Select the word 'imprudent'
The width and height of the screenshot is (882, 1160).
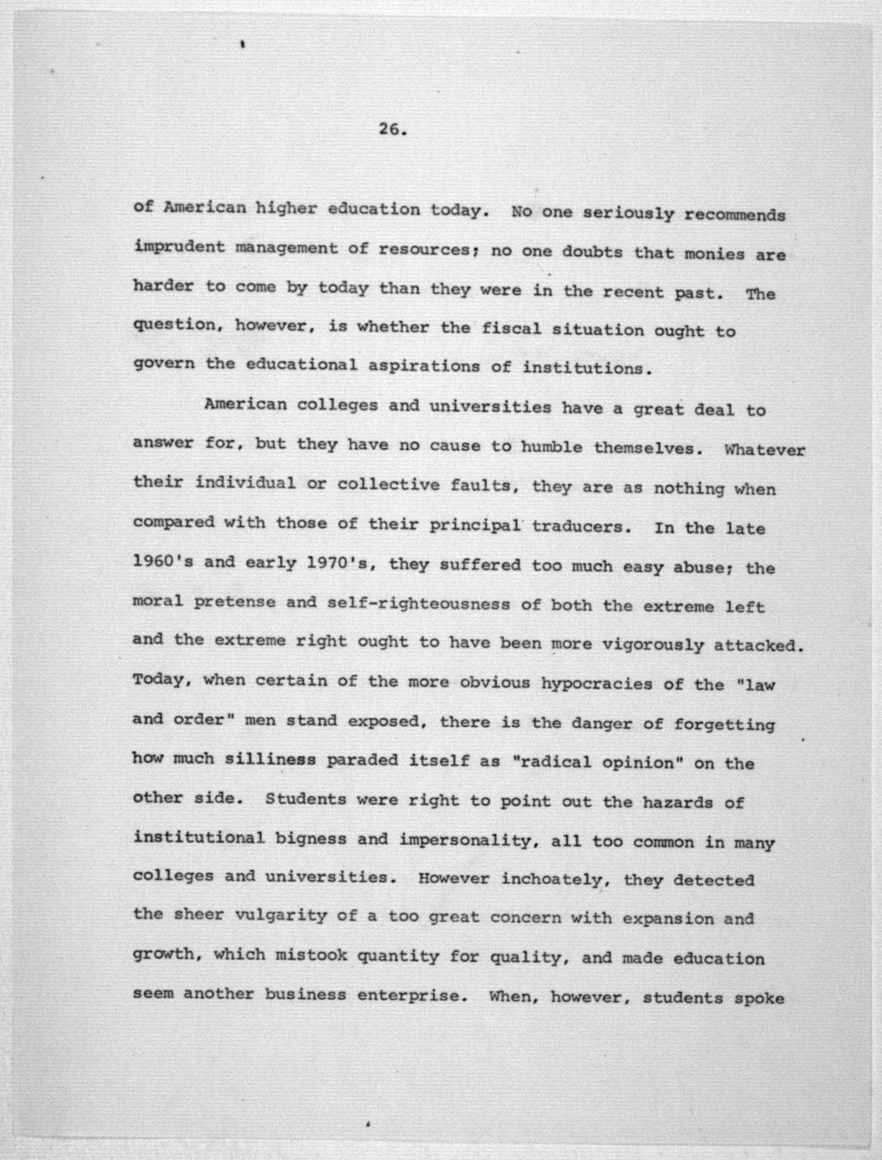point(179,247)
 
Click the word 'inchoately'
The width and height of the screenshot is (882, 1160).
point(552,879)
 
